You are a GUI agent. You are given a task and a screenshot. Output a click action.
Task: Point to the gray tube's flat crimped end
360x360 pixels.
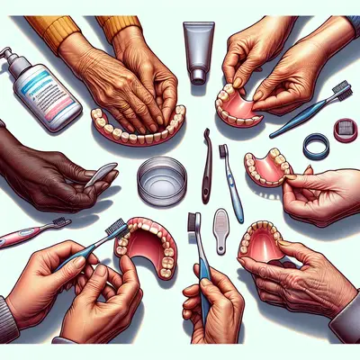click(x=199, y=26)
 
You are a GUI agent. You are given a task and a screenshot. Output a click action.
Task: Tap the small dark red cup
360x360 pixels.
click(x=345, y=130)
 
